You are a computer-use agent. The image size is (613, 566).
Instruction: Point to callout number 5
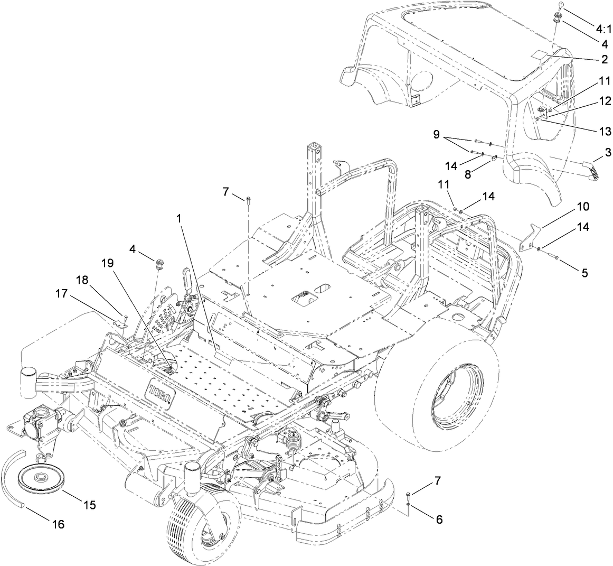click(x=584, y=273)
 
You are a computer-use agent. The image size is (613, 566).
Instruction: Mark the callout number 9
click(x=436, y=135)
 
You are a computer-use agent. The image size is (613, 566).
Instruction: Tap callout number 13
click(x=603, y=131)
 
